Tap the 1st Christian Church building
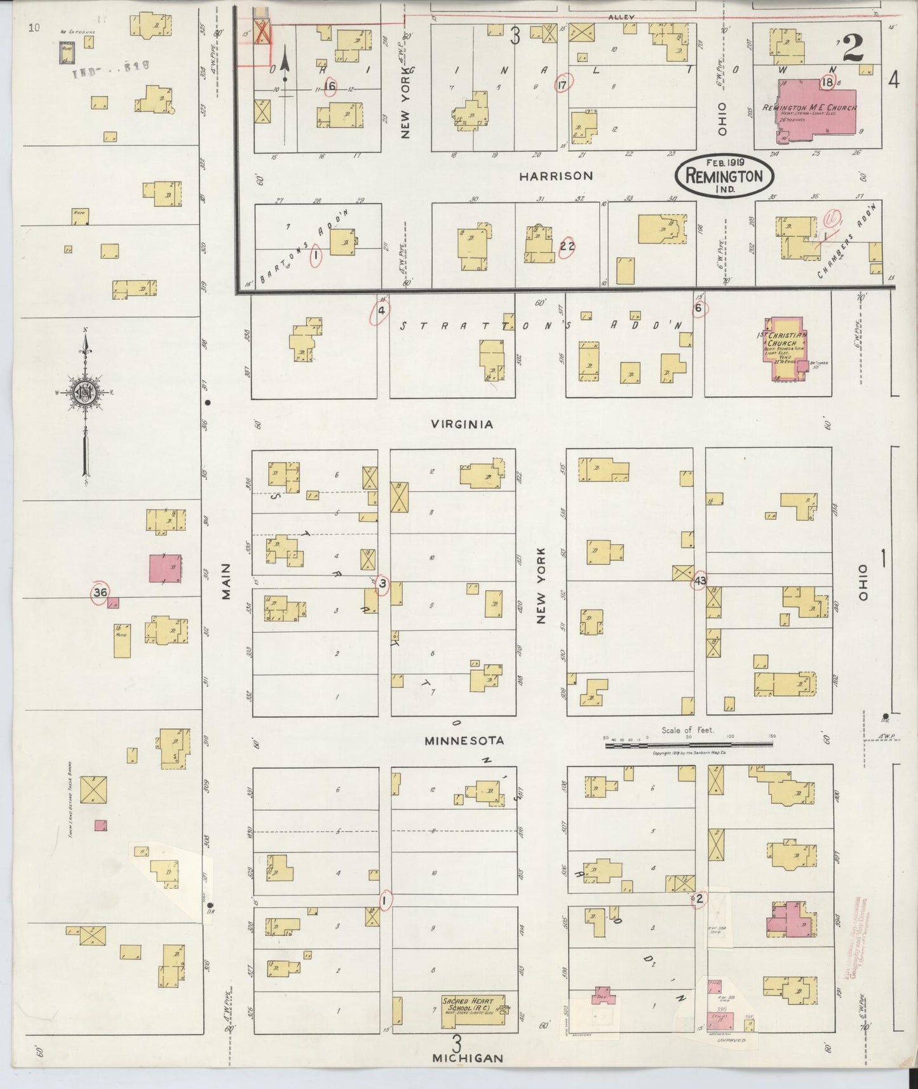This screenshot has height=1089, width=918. click(x=785, y=349)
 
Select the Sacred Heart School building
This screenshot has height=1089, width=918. click(x=473, y=1011)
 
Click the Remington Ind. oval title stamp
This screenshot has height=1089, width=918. click(x=724, y=175)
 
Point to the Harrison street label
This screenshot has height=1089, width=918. click(x=556, y=176)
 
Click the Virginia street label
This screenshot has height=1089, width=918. click(x=462, y=424)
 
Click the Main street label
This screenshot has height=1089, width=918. click(x=226, y=581)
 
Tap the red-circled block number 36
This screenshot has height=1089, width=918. click(x=100, y=593)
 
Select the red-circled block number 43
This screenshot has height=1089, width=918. click(x=700, y=581)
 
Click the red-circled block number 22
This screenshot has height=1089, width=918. click(x=567, y=247)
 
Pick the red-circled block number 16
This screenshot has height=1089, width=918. click(x=329, y=86)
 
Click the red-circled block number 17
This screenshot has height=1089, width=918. click(x=562, y=85)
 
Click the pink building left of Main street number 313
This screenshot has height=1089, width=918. click(x=165, y=569)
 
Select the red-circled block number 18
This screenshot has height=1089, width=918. click(x=827, y=82)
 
